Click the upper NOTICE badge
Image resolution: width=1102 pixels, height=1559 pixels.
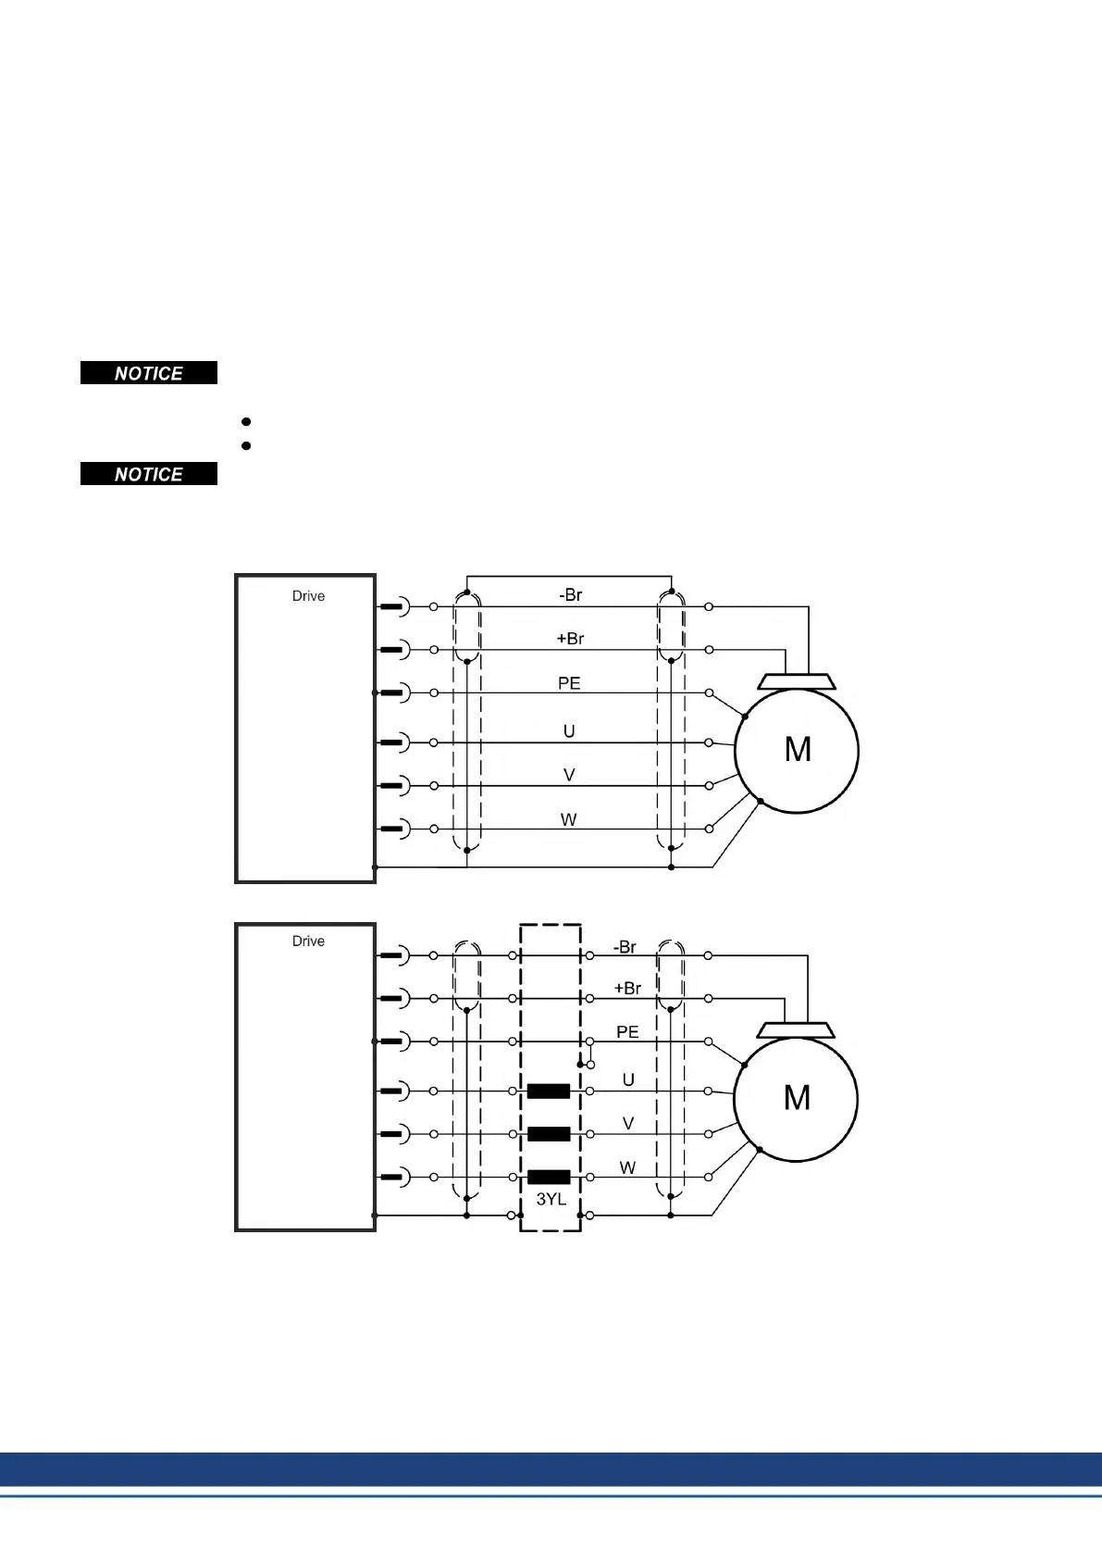pyautogui.click(x=149, y=373)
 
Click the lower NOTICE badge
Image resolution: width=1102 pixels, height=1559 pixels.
pyautogui.click(x=149, y=474)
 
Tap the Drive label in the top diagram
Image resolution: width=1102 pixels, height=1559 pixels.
pyautogui.click(x=308, y=596)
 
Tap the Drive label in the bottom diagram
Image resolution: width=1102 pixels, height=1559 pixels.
pyautogui.click(x=308, y=941)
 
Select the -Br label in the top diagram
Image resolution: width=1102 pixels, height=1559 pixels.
pyautogui.click(x=570, y=594)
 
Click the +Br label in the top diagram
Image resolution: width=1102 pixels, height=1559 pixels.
pyautogui.click(x=570, y=638)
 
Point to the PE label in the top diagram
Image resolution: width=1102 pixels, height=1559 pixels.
pyautogui.click(x=569, y=683)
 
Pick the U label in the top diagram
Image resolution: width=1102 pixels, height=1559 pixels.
pyautogui.click(x=569, y=731)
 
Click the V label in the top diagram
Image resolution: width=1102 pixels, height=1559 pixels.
pyautogui.click(x=569, y=775)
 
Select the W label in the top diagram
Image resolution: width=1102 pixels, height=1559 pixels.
pyautogui.click(x=568, y=819)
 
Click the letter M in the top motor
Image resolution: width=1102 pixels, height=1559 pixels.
pyautogui.click(x=798, y=749)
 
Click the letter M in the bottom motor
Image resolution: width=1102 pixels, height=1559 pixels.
pyautogui.click(x=797, y=1098)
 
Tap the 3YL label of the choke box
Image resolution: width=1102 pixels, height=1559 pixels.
pyautogui.click(x=551, y=1199)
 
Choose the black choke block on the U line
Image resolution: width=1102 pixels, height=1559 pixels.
pyautogui.click(x=549, y=1091)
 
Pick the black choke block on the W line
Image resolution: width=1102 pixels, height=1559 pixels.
pyautogui.click(x=549, y=1177)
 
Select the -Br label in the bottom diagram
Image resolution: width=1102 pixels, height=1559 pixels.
pyautogui.click(x=625, y=947)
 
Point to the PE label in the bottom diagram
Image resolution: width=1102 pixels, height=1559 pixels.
pyautogui.click(x=627, y=1031)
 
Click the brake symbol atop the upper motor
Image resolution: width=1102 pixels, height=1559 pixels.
pyautogui.click(x=797, y=681)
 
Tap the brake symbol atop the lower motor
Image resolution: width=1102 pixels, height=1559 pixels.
pyautogui.click(x=796, y=1029)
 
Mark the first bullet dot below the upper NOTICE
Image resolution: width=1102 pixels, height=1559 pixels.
pyautogui.click(x=246, y=421)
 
